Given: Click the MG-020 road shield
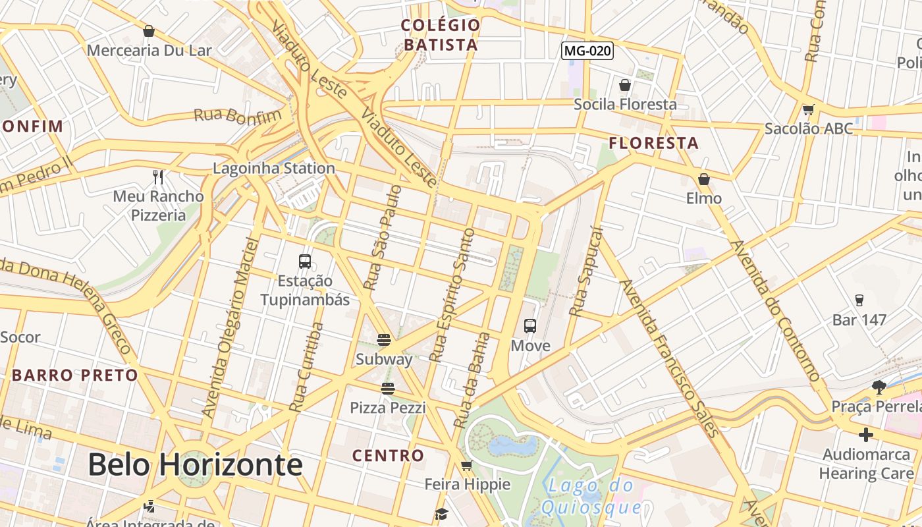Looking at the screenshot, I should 587,51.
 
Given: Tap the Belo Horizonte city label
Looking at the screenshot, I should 195,465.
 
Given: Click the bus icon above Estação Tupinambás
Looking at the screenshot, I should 304,261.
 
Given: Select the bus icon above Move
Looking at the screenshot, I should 530,325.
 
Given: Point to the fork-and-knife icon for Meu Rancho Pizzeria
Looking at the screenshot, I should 158,177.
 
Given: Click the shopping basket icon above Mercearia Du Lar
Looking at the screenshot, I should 149,31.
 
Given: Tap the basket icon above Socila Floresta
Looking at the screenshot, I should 625,85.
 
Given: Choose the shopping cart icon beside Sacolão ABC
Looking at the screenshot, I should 809,109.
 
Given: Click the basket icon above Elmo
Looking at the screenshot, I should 704,179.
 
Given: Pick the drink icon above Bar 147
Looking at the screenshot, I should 859,300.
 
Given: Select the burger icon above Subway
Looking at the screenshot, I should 384,340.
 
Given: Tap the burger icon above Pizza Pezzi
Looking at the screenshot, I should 388,389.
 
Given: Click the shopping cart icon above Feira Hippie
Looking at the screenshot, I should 467,466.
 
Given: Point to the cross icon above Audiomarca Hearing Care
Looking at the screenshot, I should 866,435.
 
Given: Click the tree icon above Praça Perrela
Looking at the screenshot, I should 879,387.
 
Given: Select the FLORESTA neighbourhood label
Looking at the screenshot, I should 653,143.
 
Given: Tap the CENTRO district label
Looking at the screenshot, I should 388,455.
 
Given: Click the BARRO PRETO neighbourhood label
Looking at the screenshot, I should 75,375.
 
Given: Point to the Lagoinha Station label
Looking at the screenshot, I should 274,168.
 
